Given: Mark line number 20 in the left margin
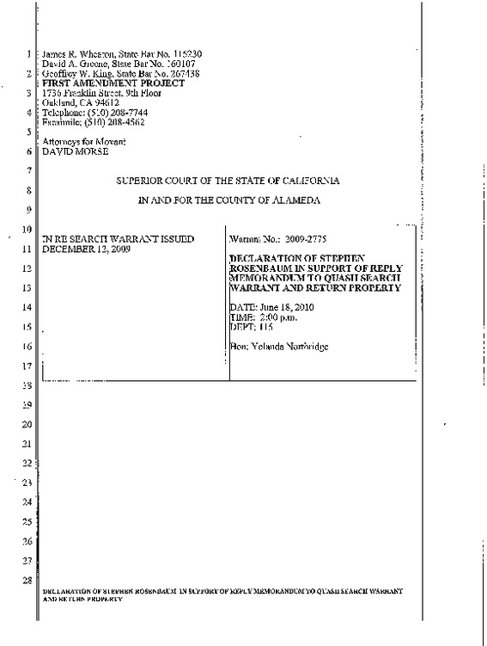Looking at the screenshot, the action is [x=27, y=425].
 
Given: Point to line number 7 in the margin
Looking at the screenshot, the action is [x=29, y=171].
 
